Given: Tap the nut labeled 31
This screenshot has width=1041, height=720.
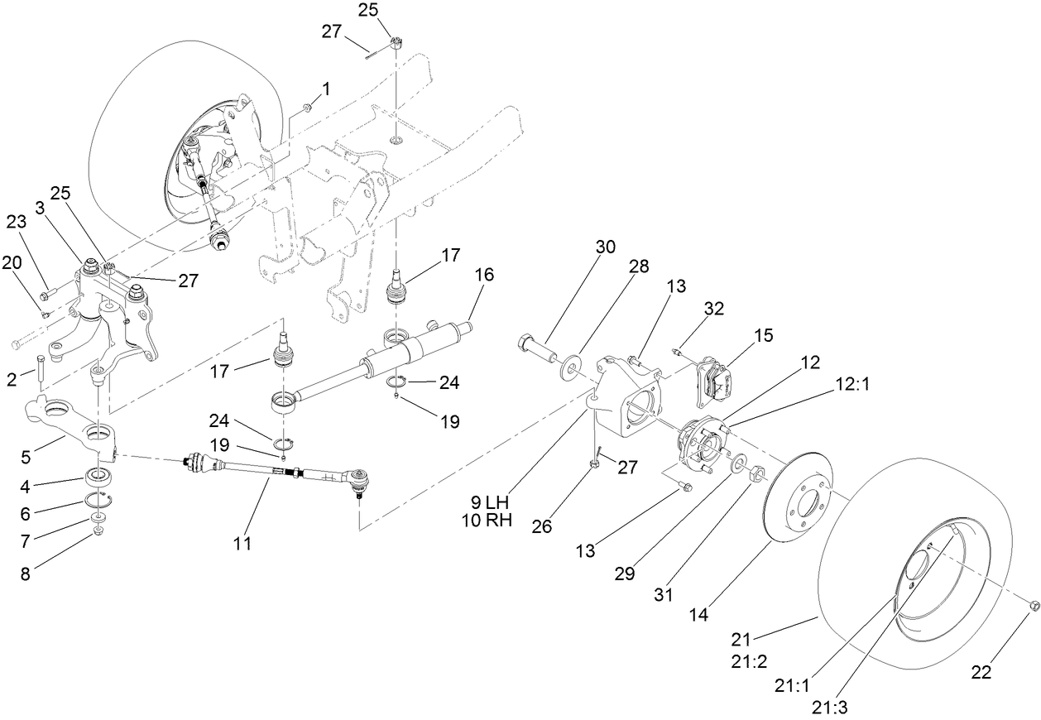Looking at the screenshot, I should [x=756, y=473].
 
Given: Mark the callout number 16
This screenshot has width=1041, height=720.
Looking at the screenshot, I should [x=484, y=274].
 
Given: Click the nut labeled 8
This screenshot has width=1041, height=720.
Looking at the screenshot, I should [x=98, y=531].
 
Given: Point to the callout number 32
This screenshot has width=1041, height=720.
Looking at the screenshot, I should [x=713, y=308].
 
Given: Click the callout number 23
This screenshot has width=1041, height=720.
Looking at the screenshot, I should [x=17, y=222].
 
